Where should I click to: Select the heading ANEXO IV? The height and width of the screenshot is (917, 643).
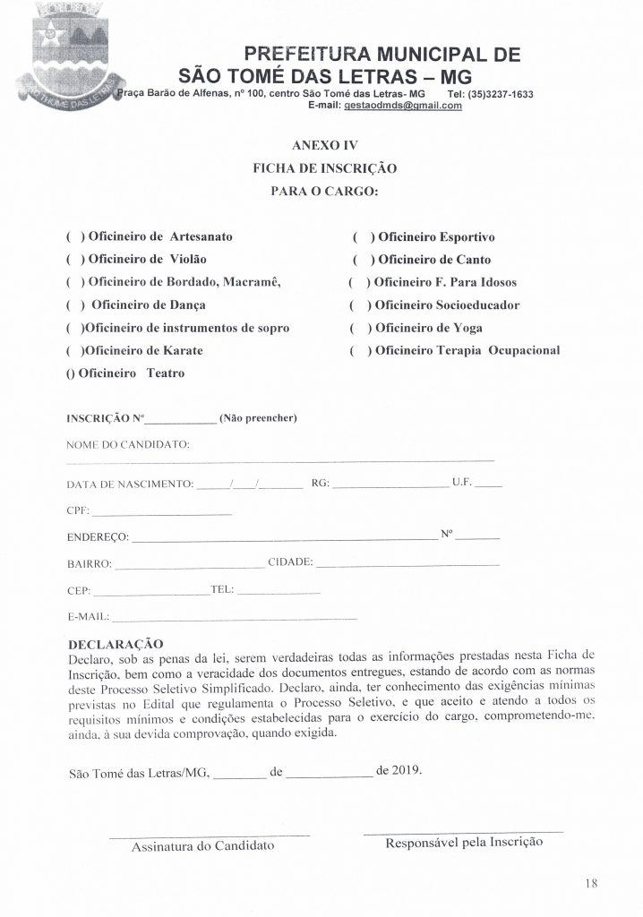325,143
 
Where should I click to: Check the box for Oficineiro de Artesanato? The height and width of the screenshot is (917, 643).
74,236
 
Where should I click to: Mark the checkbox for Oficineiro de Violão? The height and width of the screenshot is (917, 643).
74,260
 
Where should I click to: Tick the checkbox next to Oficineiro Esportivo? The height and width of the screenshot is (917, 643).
364,237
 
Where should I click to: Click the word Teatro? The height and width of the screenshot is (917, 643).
166,373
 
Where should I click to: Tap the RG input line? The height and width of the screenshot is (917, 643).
389,486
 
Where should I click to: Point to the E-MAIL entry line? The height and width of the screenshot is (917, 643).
234,620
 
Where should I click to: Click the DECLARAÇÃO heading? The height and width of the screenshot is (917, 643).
114,643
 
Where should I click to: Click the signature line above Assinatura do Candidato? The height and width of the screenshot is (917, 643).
208,836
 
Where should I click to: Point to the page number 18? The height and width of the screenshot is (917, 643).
590,883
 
